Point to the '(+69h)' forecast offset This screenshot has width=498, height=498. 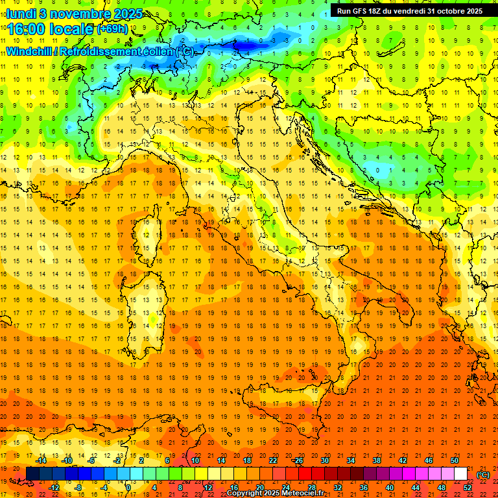112,29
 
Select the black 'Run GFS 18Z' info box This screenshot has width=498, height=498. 409,10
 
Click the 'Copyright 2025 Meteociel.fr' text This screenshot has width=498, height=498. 275,493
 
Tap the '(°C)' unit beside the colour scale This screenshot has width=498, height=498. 483,475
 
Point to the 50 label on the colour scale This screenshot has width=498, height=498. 454,460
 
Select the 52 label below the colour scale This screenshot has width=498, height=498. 468,487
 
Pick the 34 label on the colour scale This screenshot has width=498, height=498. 350,460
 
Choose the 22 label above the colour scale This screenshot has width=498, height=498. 273,460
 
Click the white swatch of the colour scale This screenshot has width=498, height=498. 460,474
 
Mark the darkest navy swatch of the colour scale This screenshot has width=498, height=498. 32,474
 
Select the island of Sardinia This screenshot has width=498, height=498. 147,305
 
